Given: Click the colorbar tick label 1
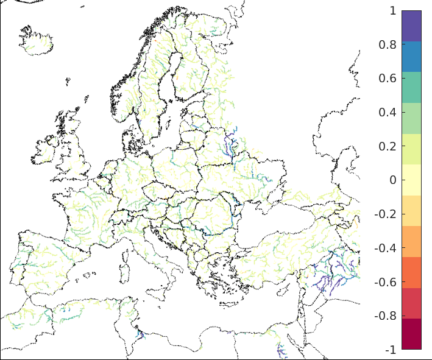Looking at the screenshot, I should pos(392,11).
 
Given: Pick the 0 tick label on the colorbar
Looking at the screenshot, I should pos(392,180).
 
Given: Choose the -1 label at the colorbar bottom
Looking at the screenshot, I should pos(390,350).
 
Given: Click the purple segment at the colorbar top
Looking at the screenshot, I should pos(411,26).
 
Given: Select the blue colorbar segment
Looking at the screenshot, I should pos(411,57).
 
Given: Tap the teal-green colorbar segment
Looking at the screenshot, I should pos(411,87).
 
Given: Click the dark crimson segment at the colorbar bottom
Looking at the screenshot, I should pos(411,334).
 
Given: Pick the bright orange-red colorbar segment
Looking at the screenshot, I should pos(411,272).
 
